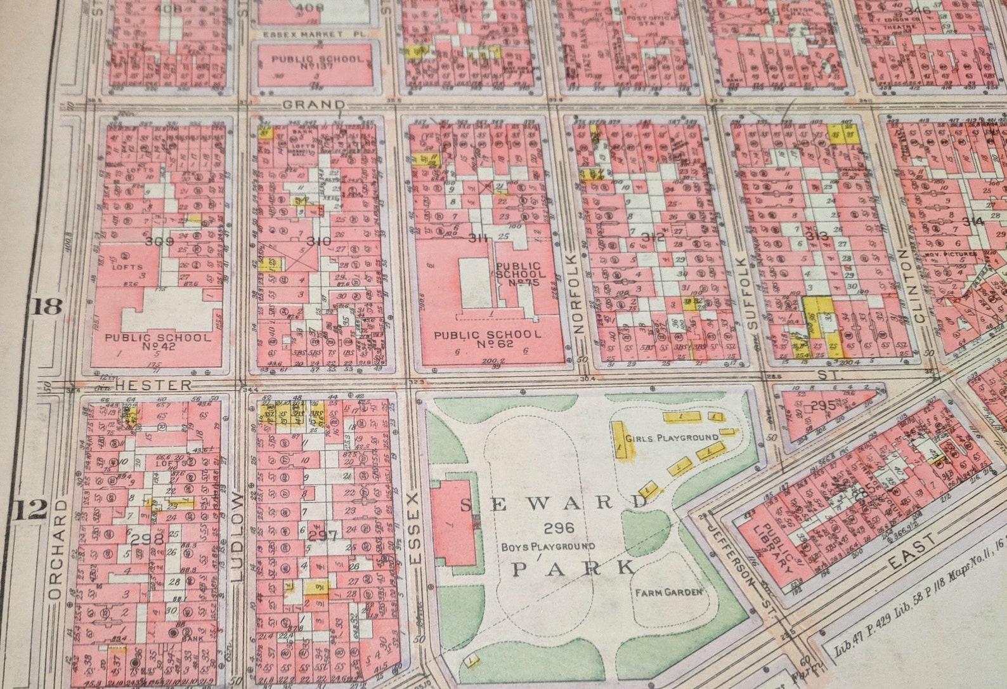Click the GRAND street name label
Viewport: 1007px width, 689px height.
click(314, 105)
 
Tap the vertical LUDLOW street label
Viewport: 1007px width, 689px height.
click(237, 536)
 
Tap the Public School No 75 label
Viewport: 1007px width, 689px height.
click(518, 274)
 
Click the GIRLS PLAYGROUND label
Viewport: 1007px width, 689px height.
click(672, 438)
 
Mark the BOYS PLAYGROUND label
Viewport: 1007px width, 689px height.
click(548, 546)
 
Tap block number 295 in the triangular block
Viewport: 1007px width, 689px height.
click(823, 405)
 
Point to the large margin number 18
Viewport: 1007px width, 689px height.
click(48, 306)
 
